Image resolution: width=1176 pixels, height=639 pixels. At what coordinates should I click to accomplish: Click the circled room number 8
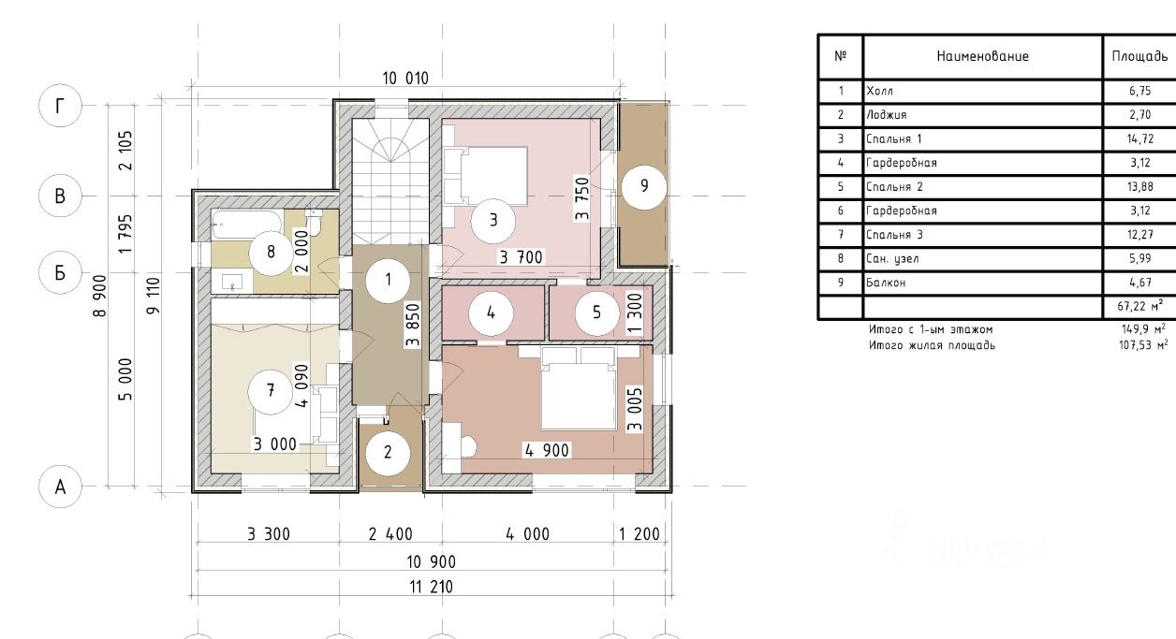click(x=271, y=253)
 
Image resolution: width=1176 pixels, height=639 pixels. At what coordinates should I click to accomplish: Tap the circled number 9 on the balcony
click(x=644, y=186)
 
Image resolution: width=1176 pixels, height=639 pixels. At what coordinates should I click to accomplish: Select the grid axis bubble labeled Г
click(x=60, y=106)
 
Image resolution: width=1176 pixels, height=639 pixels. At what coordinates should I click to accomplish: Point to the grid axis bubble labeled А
click(x=60, y=487)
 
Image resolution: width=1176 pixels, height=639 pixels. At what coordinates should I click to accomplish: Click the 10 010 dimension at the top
click(x=405, y=79)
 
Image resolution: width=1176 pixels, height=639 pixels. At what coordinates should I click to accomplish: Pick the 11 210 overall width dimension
click(x=431, y=587)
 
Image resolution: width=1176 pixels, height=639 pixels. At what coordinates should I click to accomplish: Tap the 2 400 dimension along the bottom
click(x=390, y=534)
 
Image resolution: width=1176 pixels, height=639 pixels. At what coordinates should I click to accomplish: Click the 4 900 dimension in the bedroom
click(x=547, y=451)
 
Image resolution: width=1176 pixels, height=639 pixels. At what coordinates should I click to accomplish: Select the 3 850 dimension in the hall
click(x=413, y=325)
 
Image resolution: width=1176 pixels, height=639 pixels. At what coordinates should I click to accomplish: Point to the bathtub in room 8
click(x=248, y=225)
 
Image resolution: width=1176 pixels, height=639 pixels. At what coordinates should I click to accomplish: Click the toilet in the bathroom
click(x=314, y=223)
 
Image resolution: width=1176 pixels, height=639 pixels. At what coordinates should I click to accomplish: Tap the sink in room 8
click(x=232, y=283)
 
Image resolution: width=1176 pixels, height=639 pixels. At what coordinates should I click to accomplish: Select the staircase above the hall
click(x=390, y=182)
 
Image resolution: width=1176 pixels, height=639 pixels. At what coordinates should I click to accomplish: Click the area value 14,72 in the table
click(x=1139, y=139)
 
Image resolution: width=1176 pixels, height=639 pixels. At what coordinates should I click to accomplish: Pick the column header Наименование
click(x=983, y=56)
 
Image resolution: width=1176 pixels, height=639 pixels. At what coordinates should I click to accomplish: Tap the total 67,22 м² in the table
click(x=1139, y=305)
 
